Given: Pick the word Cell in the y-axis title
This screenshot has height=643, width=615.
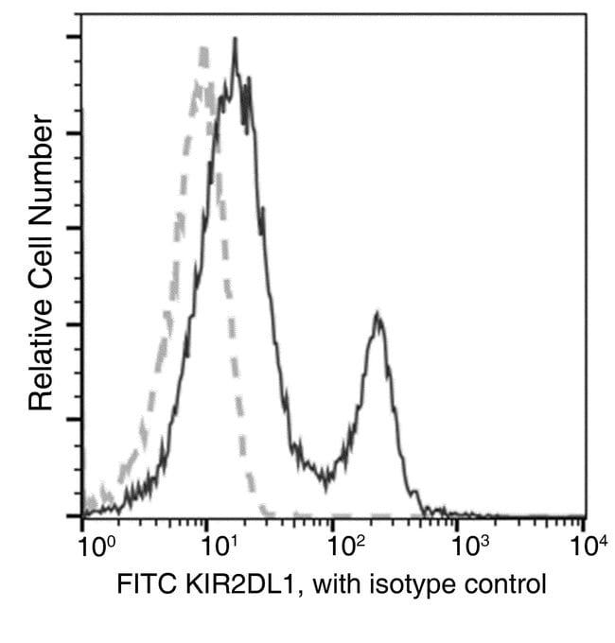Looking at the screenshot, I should tap(40, 247).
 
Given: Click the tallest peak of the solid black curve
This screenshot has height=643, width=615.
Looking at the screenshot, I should tap(234, 41).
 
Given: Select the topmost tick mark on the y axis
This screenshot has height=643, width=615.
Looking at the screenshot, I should tap(73, 37).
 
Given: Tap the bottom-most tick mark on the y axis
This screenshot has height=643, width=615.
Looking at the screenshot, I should tap(73, 516).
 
